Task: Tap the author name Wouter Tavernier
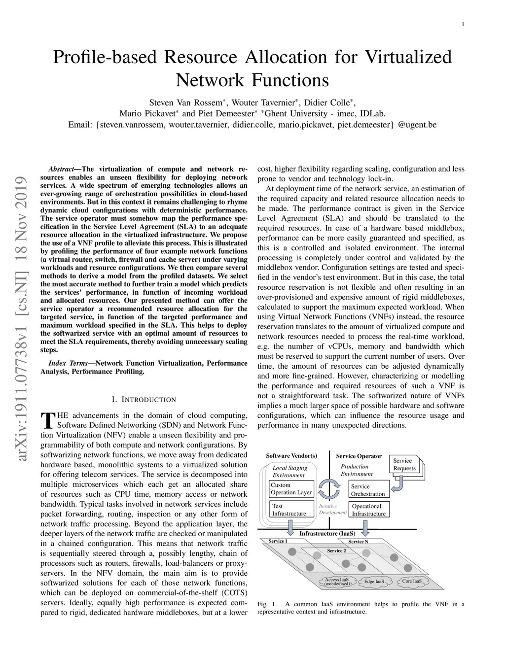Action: [263, 103]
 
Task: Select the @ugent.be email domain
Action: [417, 125]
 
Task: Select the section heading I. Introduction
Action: [144, 399]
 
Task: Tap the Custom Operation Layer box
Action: [291, 488]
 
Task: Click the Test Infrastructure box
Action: [291, 510]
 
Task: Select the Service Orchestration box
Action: [367, 490]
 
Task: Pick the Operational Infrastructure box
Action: [368, 510]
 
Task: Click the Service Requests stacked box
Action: [405, 465]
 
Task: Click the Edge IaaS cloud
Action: [374, 582]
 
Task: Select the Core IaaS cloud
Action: [412, 581]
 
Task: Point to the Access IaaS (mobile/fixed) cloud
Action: [337, 582]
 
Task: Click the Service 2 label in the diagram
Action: [337, 550]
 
